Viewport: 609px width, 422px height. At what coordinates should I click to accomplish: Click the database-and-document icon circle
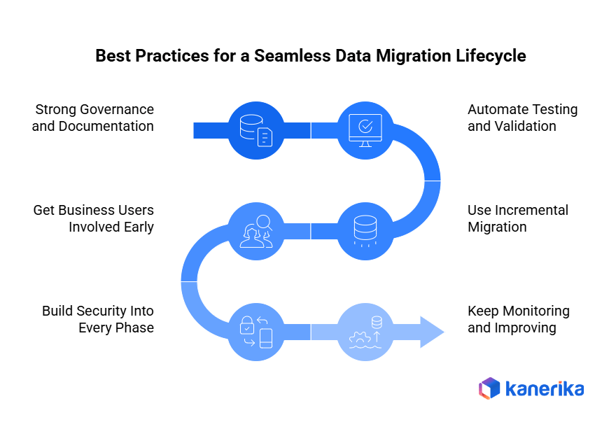pyautogui.click(x=255, y=130)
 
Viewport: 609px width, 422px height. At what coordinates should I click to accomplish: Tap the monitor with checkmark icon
pyautogui.click(x=365, y=130)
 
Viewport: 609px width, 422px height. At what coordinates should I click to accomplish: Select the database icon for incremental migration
pyautogui.click(x=365, y=230)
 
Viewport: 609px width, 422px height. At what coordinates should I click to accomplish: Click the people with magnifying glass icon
pyautogui.click(x=255, y=230)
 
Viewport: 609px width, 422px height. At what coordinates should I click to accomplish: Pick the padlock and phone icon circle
pyautogui.click(x=255, y=332)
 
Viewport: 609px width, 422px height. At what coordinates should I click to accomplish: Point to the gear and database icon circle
pyautogui.click(x=365, y=332)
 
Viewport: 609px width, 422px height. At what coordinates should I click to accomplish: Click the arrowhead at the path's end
pyautogui.click(x=431, y=332)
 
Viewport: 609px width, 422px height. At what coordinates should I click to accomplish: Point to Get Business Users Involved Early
pyautogui.click(x=93, y=218)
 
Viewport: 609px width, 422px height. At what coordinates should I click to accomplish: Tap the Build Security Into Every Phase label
pyautogui.click(x=97, y=319)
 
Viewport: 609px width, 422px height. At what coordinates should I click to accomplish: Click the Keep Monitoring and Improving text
pyautogui.click(x=518, y=319)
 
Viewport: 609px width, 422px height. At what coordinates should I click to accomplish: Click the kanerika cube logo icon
pyautogui.click(x=489, y=388)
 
